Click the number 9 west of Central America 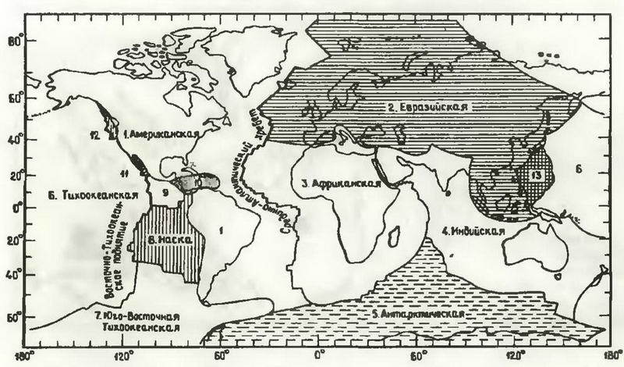click(x=165, y=190)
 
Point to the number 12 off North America click(x=93, y=135)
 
